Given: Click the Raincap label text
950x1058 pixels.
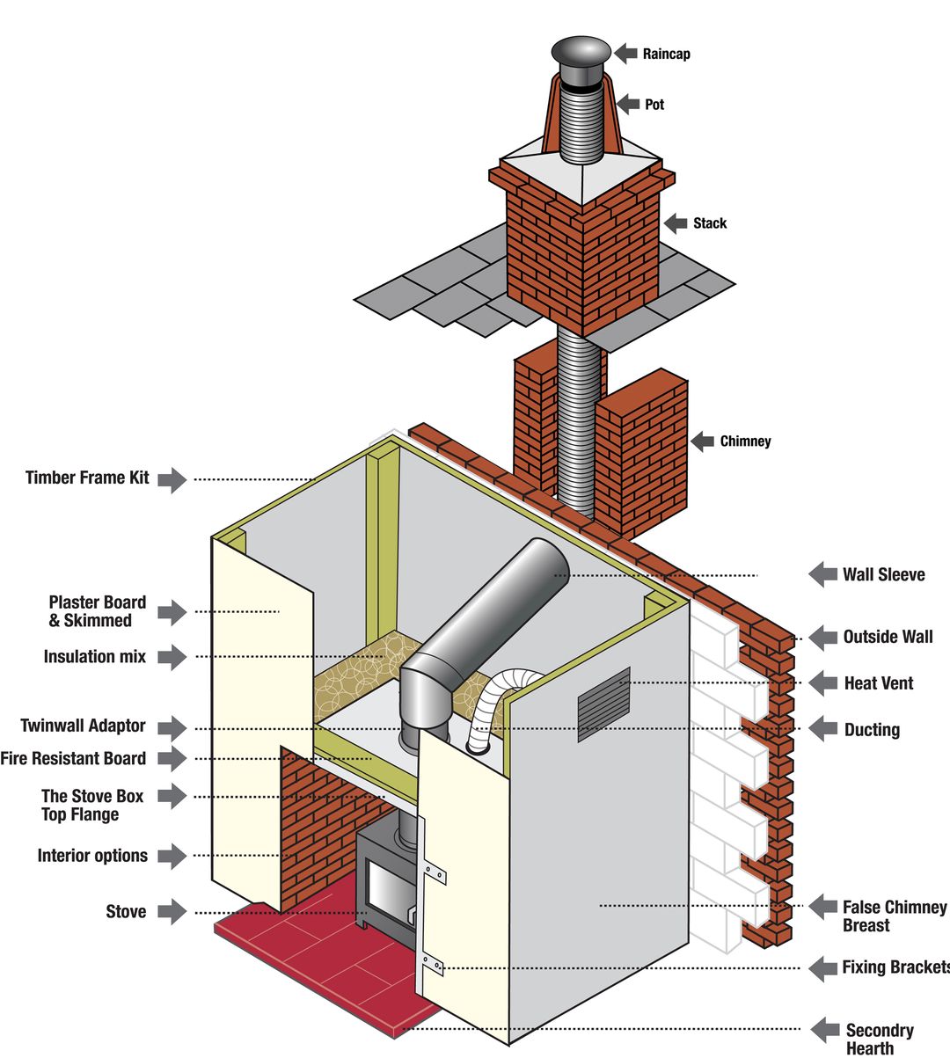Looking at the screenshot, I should (x=666, y=55).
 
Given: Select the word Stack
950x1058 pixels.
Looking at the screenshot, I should (x=709, y=223).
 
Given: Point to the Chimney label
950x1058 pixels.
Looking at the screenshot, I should (x=744, y=441).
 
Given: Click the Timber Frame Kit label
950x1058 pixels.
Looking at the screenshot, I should (x=87, y=478).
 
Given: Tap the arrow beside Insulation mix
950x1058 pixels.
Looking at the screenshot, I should (x=172, y=657).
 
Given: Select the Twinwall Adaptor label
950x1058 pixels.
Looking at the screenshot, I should (x=83, y=726).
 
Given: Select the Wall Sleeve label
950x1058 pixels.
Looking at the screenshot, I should (x=883, y=575).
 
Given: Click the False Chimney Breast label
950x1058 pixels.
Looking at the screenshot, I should (x=894, y=916).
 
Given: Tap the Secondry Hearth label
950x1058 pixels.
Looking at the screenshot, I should (x=879, y=1039).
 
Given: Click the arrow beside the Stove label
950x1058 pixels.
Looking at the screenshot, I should (x=172, y=911).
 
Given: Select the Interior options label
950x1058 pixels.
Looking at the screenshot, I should (x=92, y=856).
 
